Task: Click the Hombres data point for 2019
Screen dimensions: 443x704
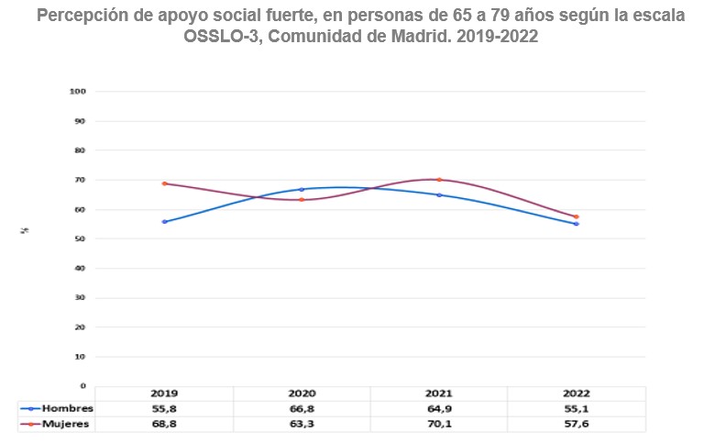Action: pyautogui.click(x=165, y=221)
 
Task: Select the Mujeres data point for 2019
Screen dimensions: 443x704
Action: pyautogui.click(x=165, y=183)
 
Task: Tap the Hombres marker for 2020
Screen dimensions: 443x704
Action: pyautogui.click(x=302, y=189)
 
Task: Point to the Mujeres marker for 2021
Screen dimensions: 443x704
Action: pyautogui.click(x=440, y=180)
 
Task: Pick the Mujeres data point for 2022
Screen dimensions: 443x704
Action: pyautogui.click(x=577, y=216)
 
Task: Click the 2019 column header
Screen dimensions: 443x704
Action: pyautogui.click(x=165, y=393)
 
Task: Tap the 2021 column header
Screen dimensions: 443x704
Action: pyautogui.click(x=440, y=393)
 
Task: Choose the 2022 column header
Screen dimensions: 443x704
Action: pyautogui.click(x=577, y=393)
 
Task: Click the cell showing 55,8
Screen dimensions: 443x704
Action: pyautogui.click(x=165, y=408)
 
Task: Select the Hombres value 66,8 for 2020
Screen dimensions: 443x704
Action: pyautogui.click(x=302, y=408)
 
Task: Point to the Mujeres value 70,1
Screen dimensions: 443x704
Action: pyautogui.click(x=440, y=424)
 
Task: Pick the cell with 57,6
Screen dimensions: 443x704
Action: pyautogui.click(x=577, y=424)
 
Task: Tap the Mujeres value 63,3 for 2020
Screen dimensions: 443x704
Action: pyautogui.click(x=302, y=424)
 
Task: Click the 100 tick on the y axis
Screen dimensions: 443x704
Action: pyautogui.click(x=78, y=92)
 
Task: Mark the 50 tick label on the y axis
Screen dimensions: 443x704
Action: pyautogui.click(x=81, y=238)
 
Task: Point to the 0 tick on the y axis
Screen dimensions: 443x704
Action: pyautogui.click(x=83, y=386)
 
